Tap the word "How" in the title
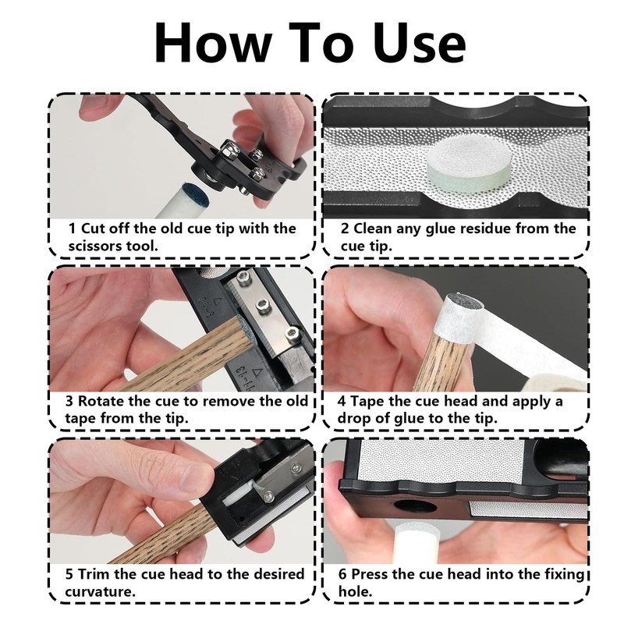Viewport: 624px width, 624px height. [213, 43]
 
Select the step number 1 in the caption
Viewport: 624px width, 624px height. [72, 229]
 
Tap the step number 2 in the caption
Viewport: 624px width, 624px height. [345, 229]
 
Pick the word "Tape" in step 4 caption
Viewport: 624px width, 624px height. [367, 401]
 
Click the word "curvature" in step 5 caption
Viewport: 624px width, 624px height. [99, 592]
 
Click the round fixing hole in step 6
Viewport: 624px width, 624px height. [415, 505]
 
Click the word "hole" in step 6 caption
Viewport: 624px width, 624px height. [354, 592]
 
